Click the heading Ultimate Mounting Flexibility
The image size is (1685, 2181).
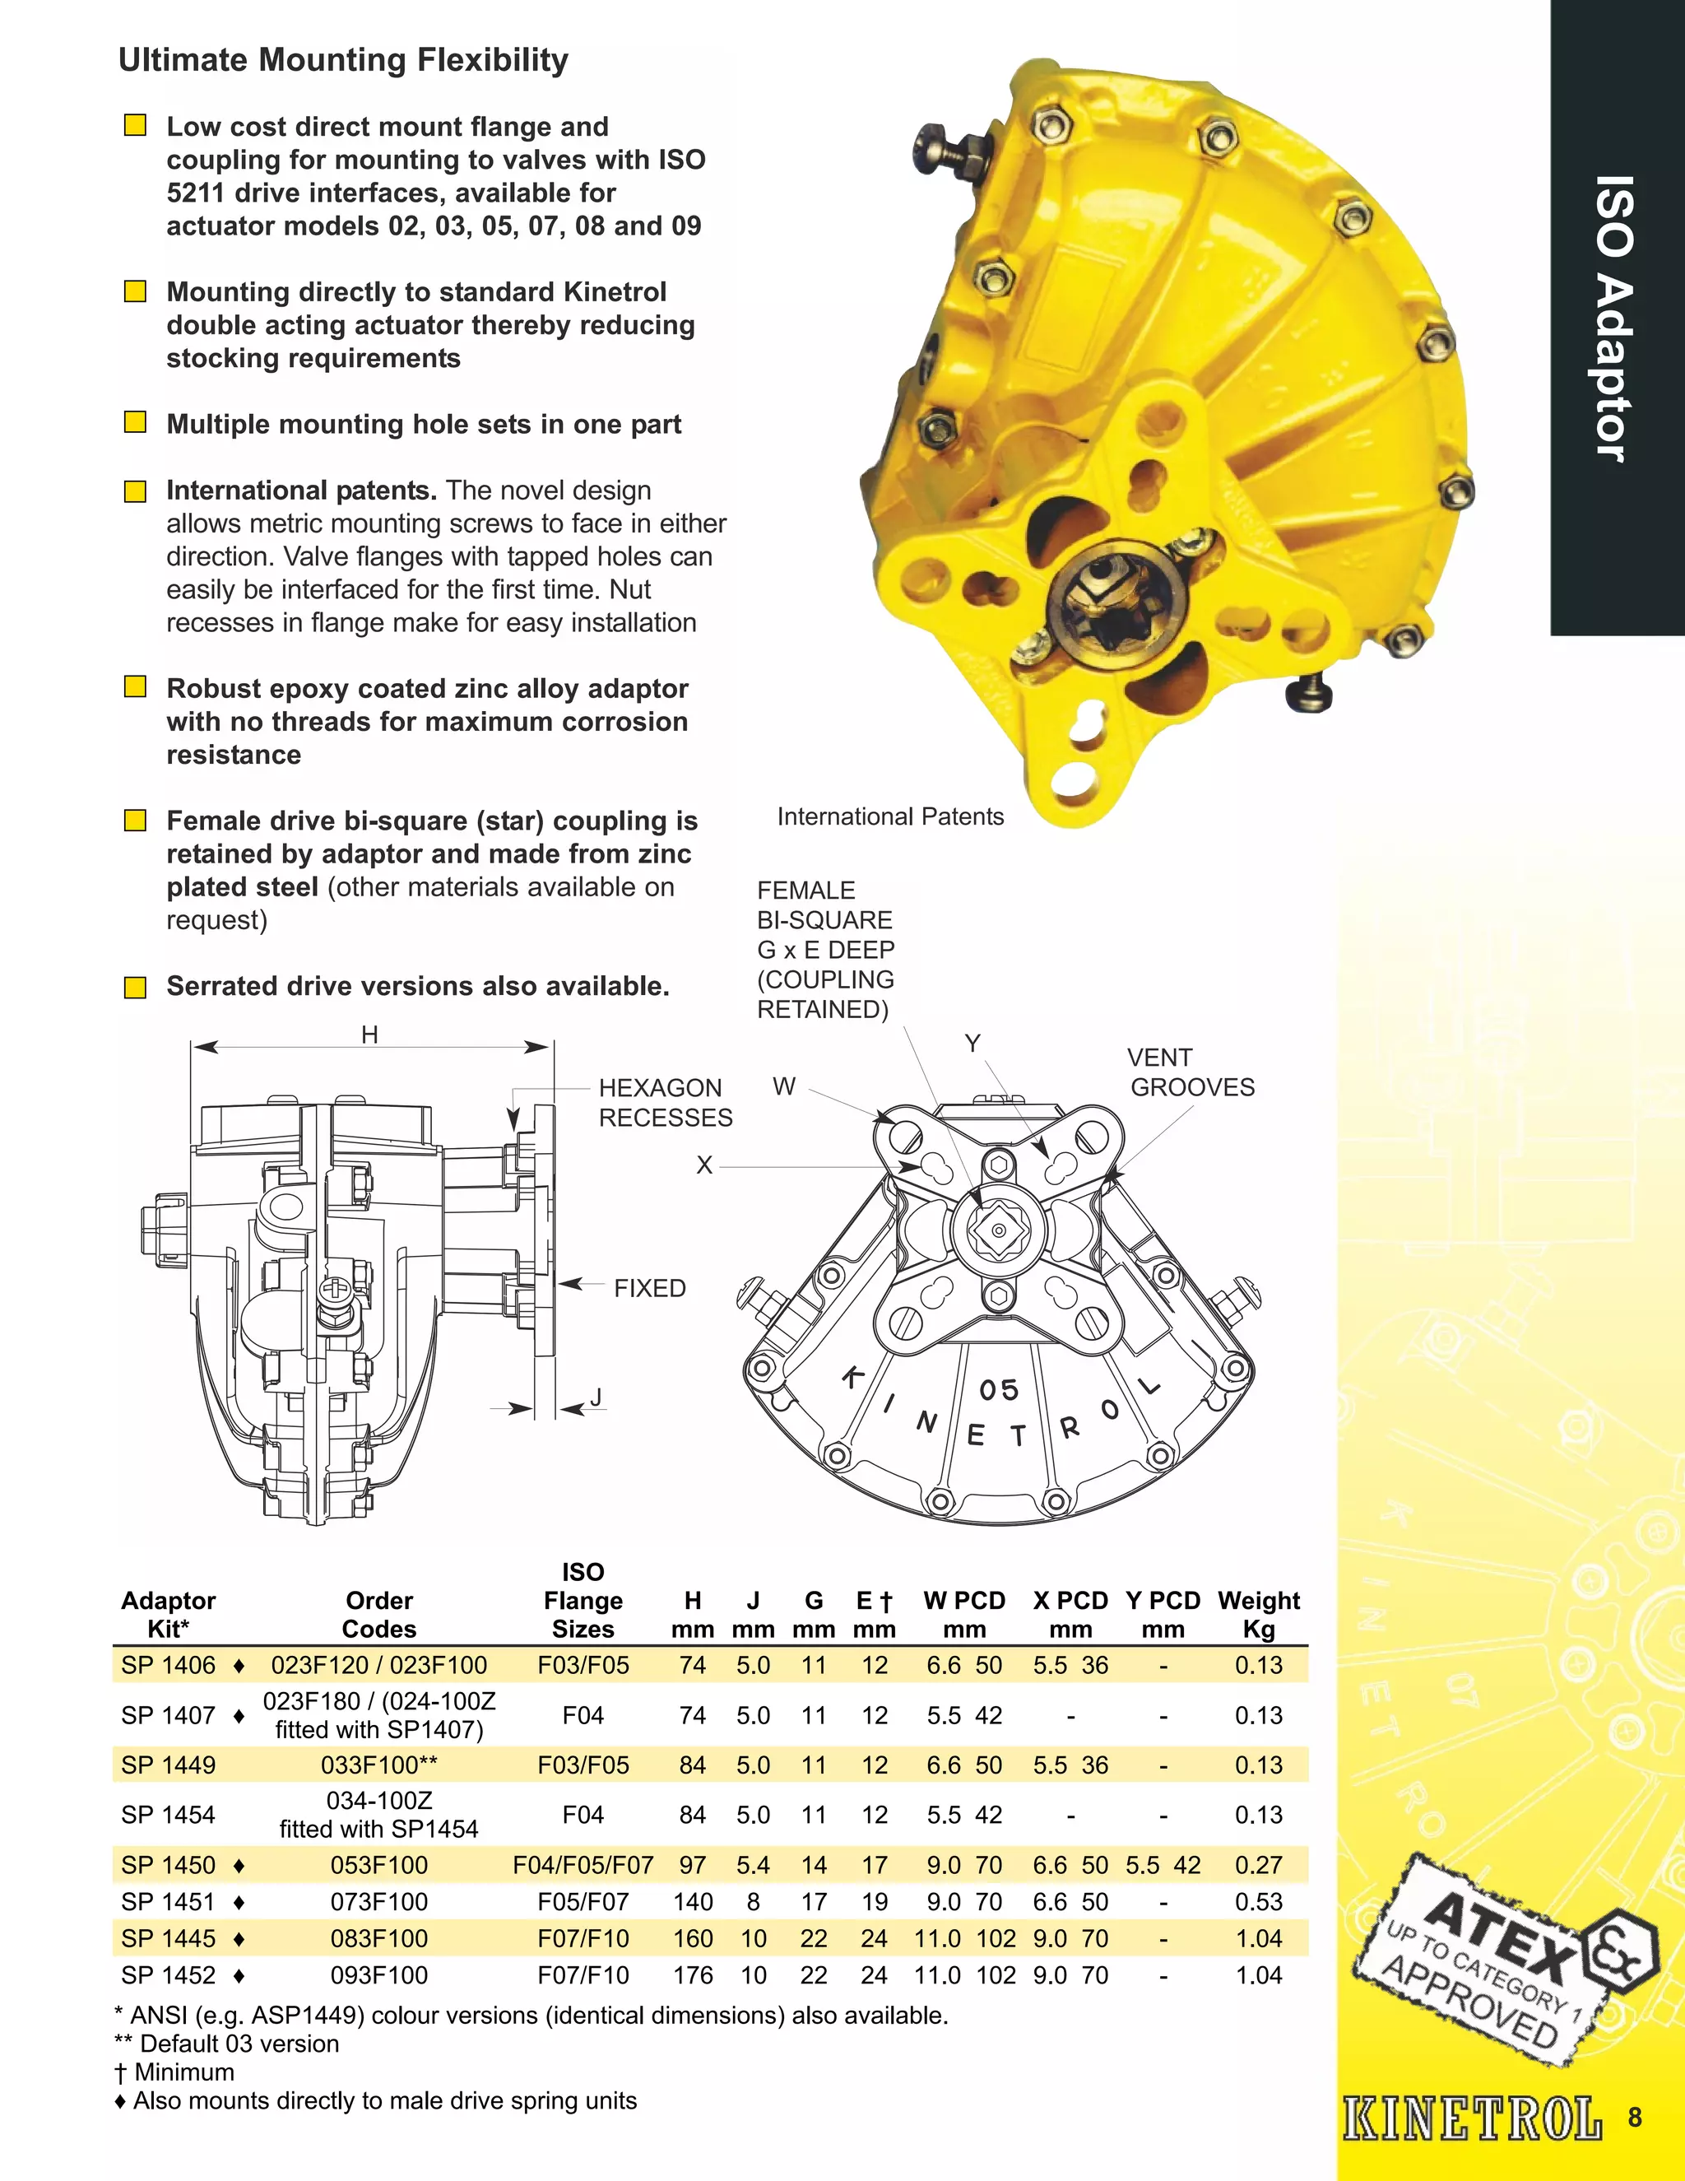[343, 60]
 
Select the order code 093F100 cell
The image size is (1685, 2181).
[379, 1974]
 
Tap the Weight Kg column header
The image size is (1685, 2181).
[1259, 1615]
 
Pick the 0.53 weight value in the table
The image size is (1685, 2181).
[1259, 1901]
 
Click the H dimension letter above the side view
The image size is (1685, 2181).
[369, 1035]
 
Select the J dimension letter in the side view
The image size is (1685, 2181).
[596, 1397]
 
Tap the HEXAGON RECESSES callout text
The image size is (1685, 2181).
[665, 1103]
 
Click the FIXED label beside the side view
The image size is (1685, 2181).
[650, 1288]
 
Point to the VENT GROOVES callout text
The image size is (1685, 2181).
[1191, 1072]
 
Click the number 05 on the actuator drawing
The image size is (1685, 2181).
[998, 1390]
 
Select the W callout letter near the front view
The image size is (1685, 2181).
[785, 1086]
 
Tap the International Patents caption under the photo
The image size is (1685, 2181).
[890, 817]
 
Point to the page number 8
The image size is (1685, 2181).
[1634, 2117]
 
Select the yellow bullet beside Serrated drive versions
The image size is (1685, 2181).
[135, 988]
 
